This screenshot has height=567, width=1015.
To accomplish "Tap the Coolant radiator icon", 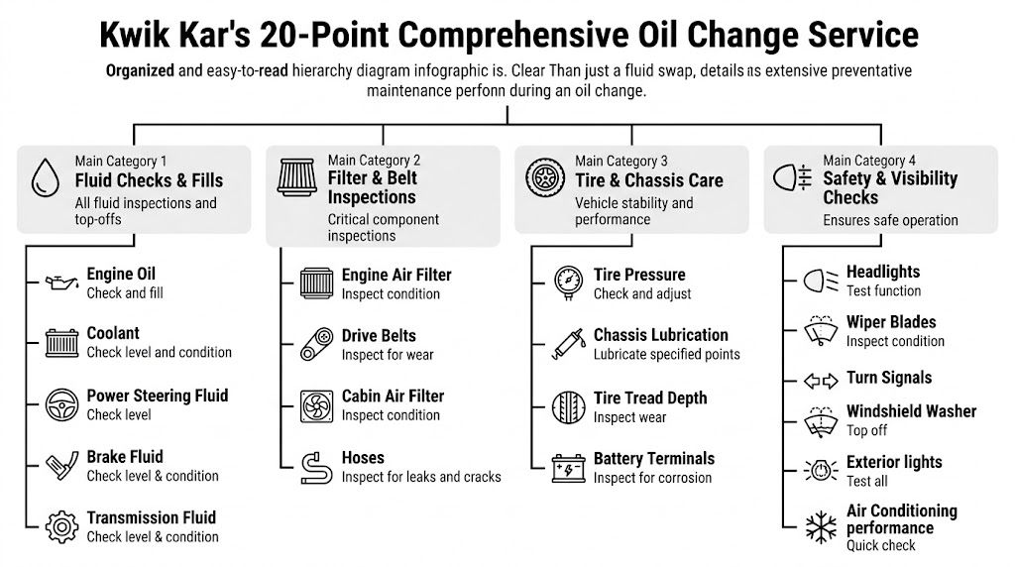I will pyautogui.click(x=61, y=343).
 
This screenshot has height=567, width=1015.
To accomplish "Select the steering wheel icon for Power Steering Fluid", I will pyautogui.click(x=61, y=404).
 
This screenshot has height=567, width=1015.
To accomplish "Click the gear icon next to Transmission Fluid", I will pyautogui.click(x=61, y=525).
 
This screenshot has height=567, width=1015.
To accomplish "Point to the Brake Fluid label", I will pyautogui.click(x=125, y=457).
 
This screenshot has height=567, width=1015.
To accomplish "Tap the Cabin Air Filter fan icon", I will pyautogui.click(x=316, y=405).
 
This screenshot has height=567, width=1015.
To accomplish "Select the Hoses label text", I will pyautogui.click(x=363, y=458).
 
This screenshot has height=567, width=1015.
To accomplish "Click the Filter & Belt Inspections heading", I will pyautogui.click(x=373, y=187).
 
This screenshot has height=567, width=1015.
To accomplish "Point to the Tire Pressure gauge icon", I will pyautogui.click(x=569, y=283).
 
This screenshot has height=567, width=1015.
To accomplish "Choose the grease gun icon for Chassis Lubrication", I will pyautogui.click(x=569, y=344).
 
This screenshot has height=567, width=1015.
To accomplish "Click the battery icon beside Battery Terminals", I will pyautogui.click(x=569, y=467).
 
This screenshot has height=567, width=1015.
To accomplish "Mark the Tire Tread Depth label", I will pyautogui.click(x=650, y=397).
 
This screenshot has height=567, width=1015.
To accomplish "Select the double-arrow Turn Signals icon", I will pyautogui.click(x=821, y=380).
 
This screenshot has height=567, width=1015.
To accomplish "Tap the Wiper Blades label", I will pyautogui.click(x=890, y=322).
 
